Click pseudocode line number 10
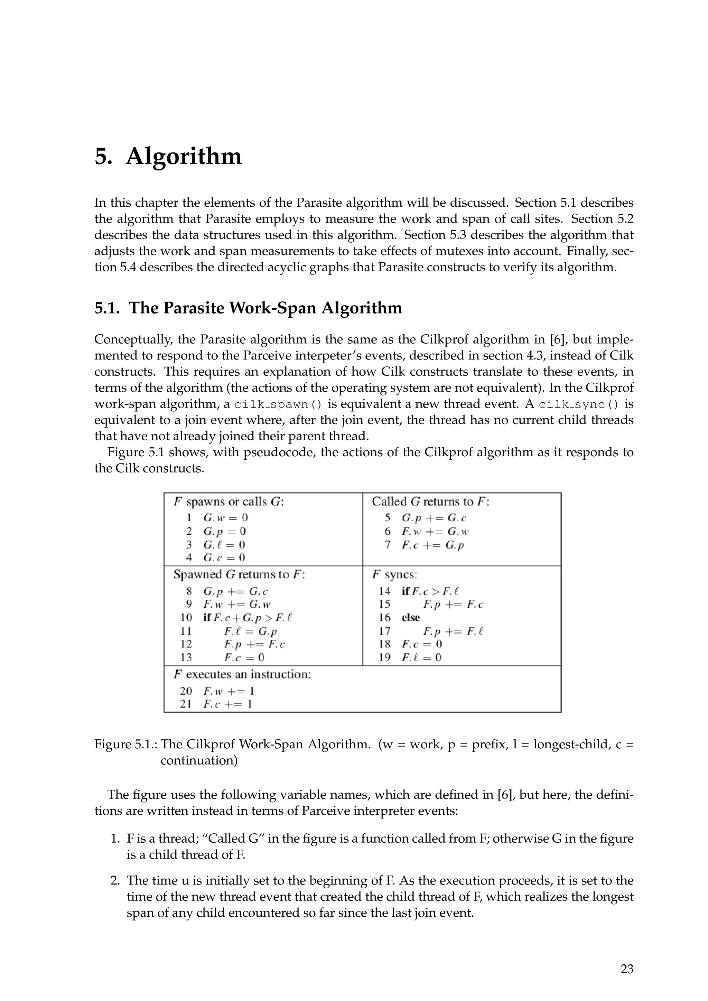(186, 618)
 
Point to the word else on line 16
(411, 618)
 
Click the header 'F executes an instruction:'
(242, 674)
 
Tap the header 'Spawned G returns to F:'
(239, 574)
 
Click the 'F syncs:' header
(394, 574)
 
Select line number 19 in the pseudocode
(384, 657)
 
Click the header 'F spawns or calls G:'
(229, 502)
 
